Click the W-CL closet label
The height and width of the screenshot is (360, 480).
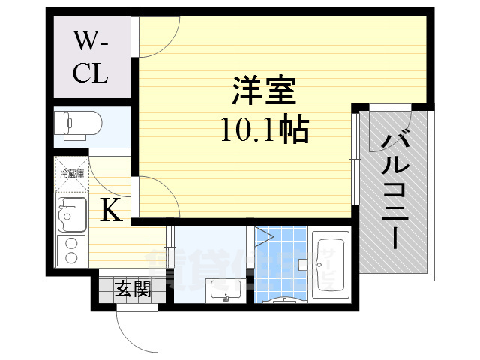pyautogui.click(x=91, y=57)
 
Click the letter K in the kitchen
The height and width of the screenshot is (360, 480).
pyautogui.click(x=111, y=211)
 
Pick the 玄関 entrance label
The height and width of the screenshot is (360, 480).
pyautogui.click(x=132, y=289)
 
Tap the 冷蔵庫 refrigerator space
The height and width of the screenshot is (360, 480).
pyautogui.click(x=72, y=175)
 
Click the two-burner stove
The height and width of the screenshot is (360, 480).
pyautogui.click(x=71, y=250)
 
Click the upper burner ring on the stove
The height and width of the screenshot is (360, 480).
pyautogui.click(x=71, y=242)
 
